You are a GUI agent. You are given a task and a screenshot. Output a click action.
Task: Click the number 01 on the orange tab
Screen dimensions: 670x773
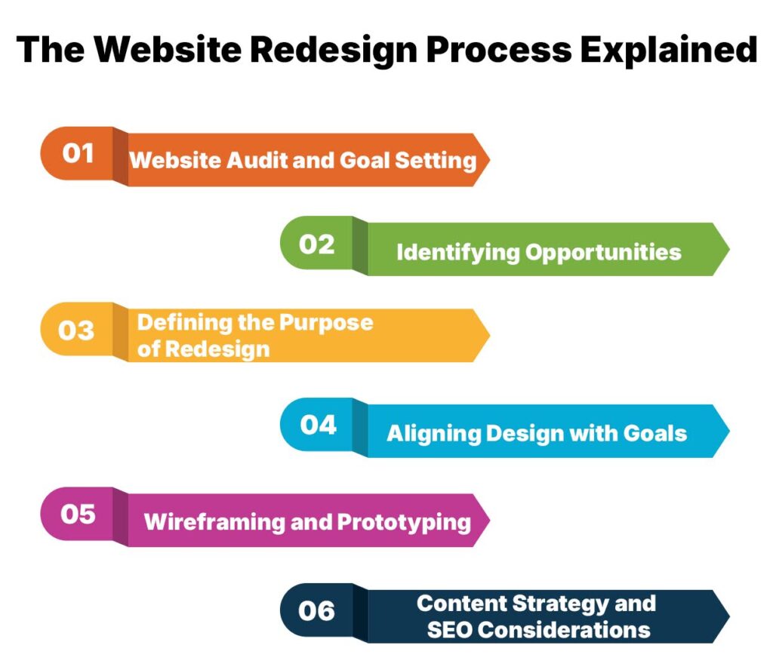(78, 153)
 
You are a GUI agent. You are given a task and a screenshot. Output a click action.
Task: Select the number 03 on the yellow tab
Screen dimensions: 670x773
(76, 330)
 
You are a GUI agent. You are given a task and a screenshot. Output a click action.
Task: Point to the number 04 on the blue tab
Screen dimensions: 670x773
(318, 425)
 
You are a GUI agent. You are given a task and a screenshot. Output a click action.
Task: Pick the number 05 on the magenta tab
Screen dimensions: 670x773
(78, 515)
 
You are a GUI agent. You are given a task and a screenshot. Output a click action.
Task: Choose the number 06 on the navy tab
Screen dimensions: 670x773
(316, 610)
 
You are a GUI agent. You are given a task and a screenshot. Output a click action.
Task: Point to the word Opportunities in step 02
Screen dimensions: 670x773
(604, 252)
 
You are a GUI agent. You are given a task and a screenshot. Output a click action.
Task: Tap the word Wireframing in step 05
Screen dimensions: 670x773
(204, 521)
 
